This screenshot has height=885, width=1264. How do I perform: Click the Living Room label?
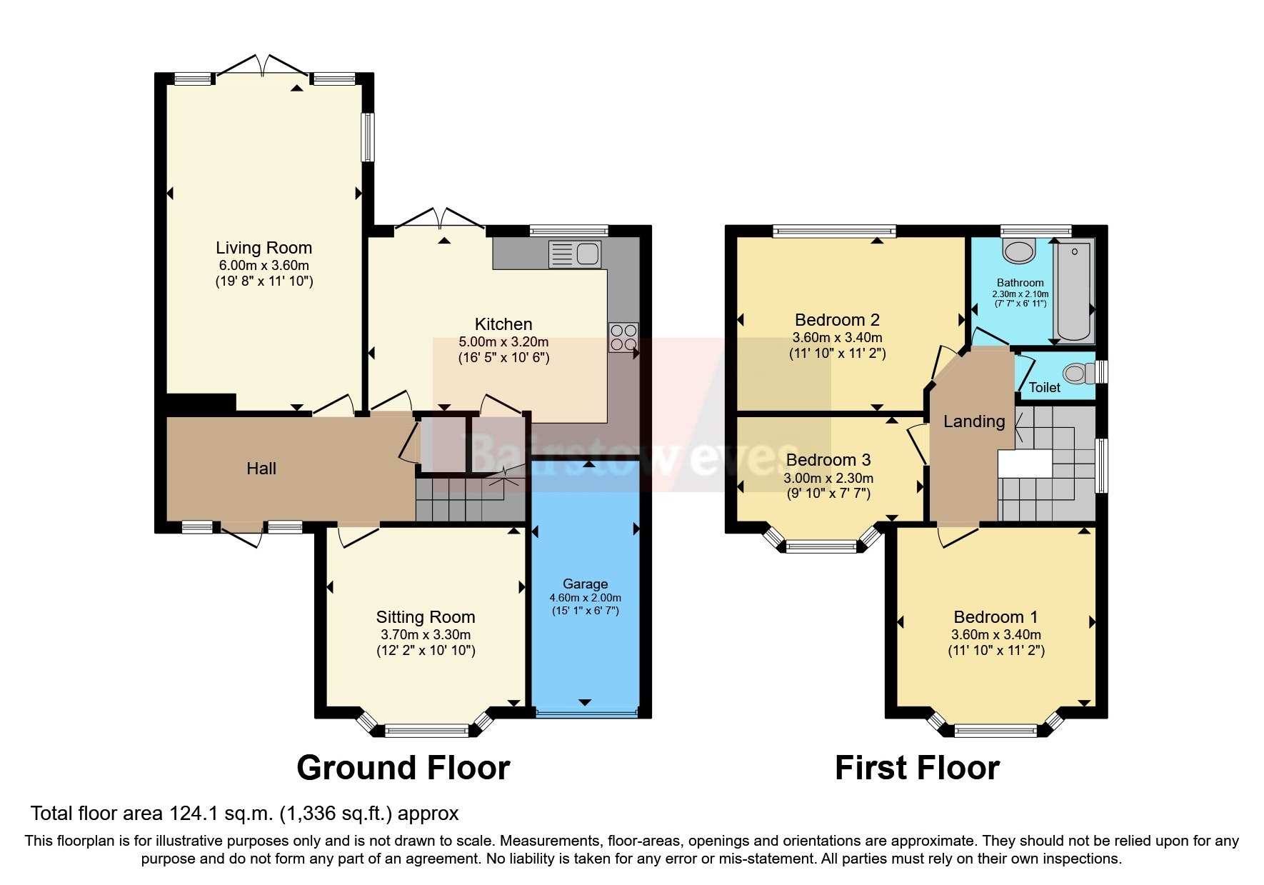(x=264, y=248)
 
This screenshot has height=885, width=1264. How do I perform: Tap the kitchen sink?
(x=576, y=254)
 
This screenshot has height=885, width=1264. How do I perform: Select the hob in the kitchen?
(x=623, y=337)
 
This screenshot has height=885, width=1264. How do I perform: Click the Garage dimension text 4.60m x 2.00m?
(x=585, y=598)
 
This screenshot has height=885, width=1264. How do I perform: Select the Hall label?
(x=261, y=469)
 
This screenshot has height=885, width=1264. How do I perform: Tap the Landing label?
(x=973, y=421)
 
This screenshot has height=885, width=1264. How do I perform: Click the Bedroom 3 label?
(x=828, y=460)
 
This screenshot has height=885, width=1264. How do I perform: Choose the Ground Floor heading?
(x=403, y=768)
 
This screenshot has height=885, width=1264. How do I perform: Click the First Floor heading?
(x=917, y=768)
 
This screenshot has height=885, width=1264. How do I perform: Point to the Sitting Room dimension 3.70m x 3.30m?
(x=426, y=634)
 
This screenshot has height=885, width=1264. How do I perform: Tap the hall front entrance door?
(x=241, y=535)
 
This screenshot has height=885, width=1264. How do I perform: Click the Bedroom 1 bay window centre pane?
(x=995, y=730)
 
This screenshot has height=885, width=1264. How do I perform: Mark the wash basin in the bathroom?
(x=1019, y=251)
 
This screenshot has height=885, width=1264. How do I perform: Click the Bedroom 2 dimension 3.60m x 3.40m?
(x=837, y=337)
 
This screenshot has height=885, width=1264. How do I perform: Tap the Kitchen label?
(x=503, y=324)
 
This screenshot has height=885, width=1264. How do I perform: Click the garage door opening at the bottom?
(x=586, y=713)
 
